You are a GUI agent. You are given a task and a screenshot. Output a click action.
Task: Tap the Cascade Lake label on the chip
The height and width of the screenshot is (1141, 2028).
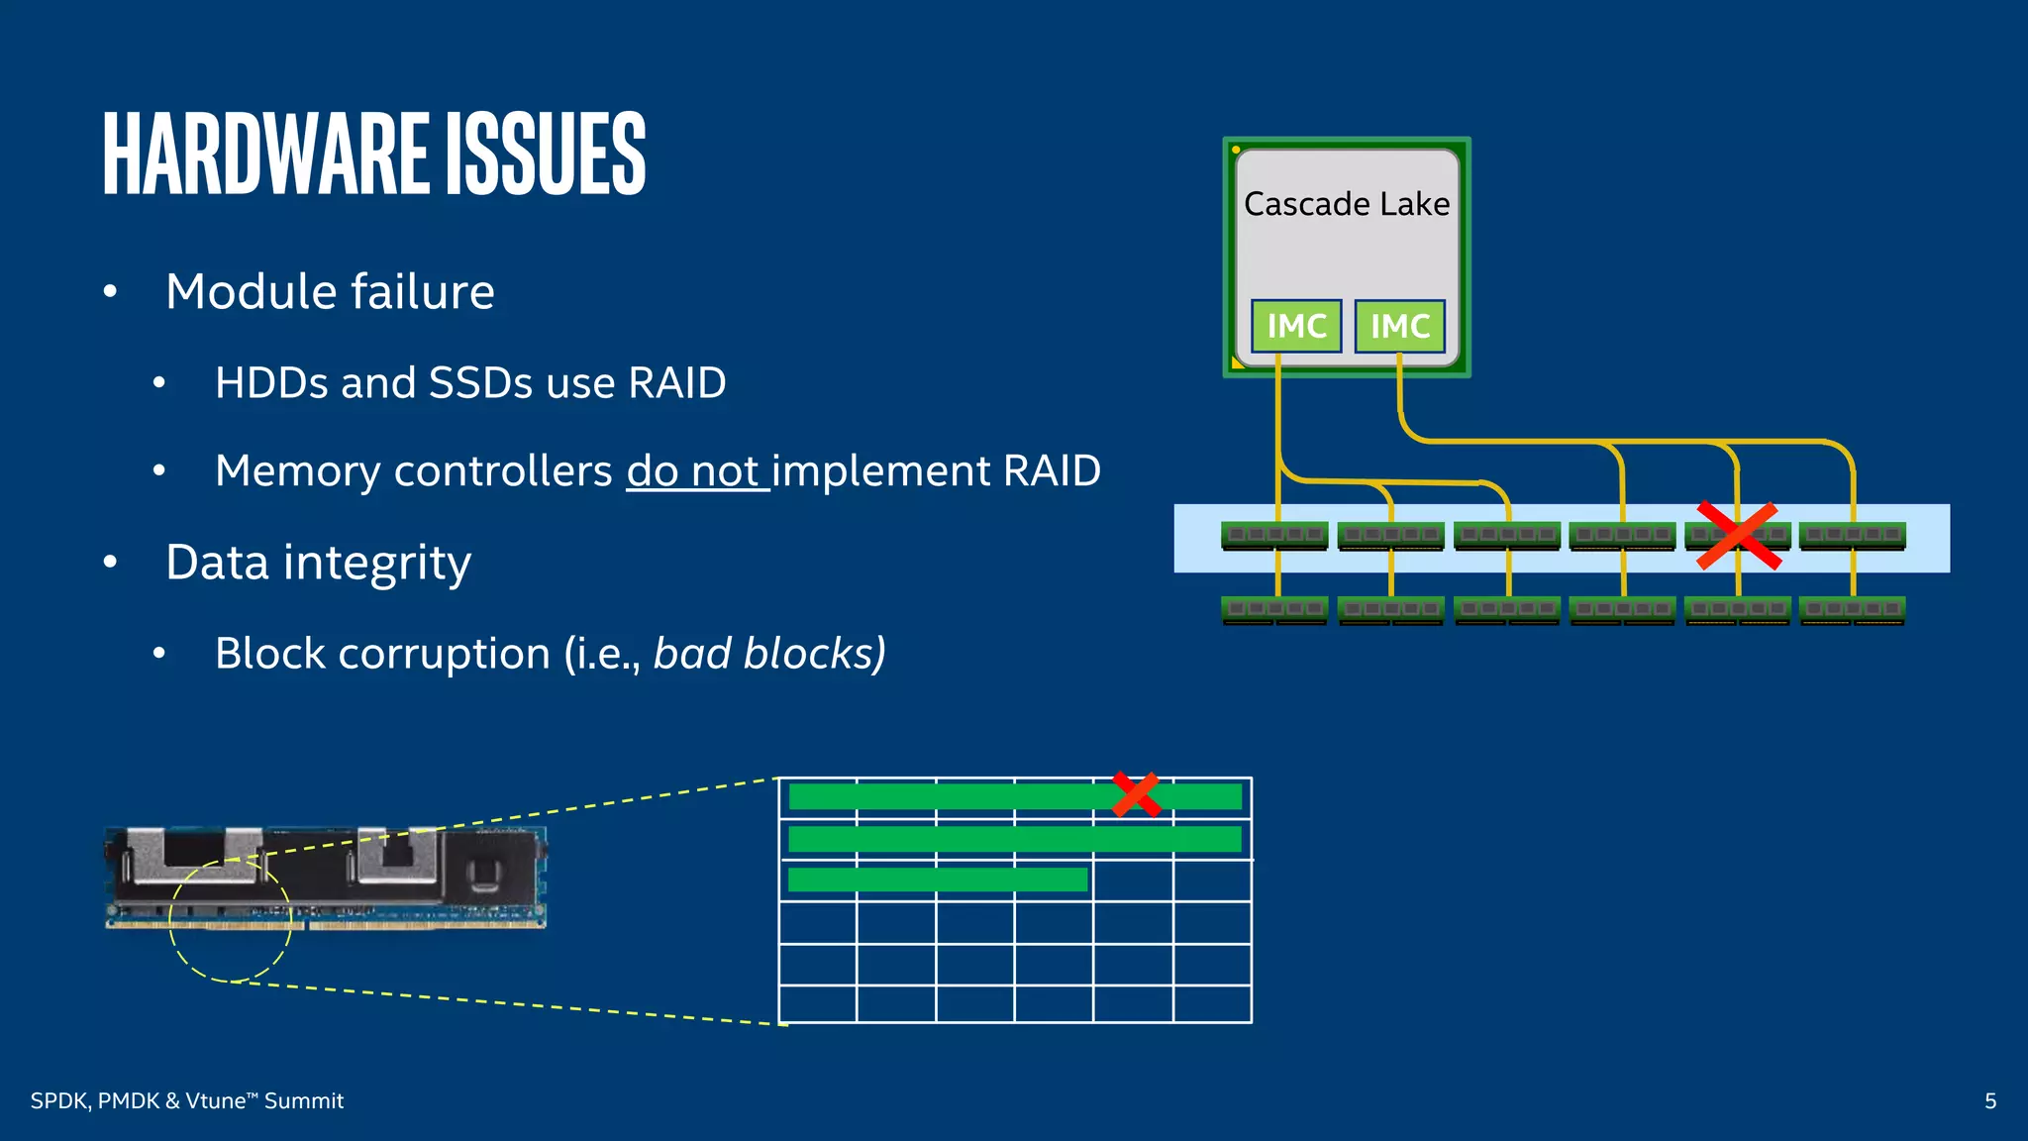(x=1346, y=204)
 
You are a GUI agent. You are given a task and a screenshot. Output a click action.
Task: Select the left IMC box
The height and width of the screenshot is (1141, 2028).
(x=1295, y=326)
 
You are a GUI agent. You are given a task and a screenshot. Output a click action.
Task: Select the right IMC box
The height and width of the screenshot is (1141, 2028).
(x=1399, y=326)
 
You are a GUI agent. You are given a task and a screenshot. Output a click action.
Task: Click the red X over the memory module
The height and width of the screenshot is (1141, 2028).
(x=1738, y=536)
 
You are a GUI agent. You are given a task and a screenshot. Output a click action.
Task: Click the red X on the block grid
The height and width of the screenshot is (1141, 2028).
(x=1136, y=794)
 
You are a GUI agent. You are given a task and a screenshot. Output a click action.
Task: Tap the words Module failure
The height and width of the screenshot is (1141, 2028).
(x=330, y=292)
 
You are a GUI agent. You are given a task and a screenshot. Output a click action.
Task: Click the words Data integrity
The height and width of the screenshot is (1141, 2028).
(x=318, y=563)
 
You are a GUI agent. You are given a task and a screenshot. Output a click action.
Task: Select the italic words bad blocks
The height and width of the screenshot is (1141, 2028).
(x=768, y=654)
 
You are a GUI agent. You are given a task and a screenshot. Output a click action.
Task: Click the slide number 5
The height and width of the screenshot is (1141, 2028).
(x=1989, y=1101)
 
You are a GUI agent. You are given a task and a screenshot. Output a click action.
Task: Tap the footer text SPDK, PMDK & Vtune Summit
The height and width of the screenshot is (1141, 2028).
(x=186, y=1101)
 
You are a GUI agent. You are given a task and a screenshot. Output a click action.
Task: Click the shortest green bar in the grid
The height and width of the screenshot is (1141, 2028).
(x=937, y=880)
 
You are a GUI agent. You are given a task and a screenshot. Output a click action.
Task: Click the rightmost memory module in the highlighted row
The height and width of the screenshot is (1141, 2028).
(x=1852, y=536)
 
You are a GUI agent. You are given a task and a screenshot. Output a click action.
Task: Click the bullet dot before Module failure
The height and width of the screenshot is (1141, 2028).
(x=110, y=292)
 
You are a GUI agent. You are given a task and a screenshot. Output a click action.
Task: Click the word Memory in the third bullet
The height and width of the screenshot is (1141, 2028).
(x=297, y=471)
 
